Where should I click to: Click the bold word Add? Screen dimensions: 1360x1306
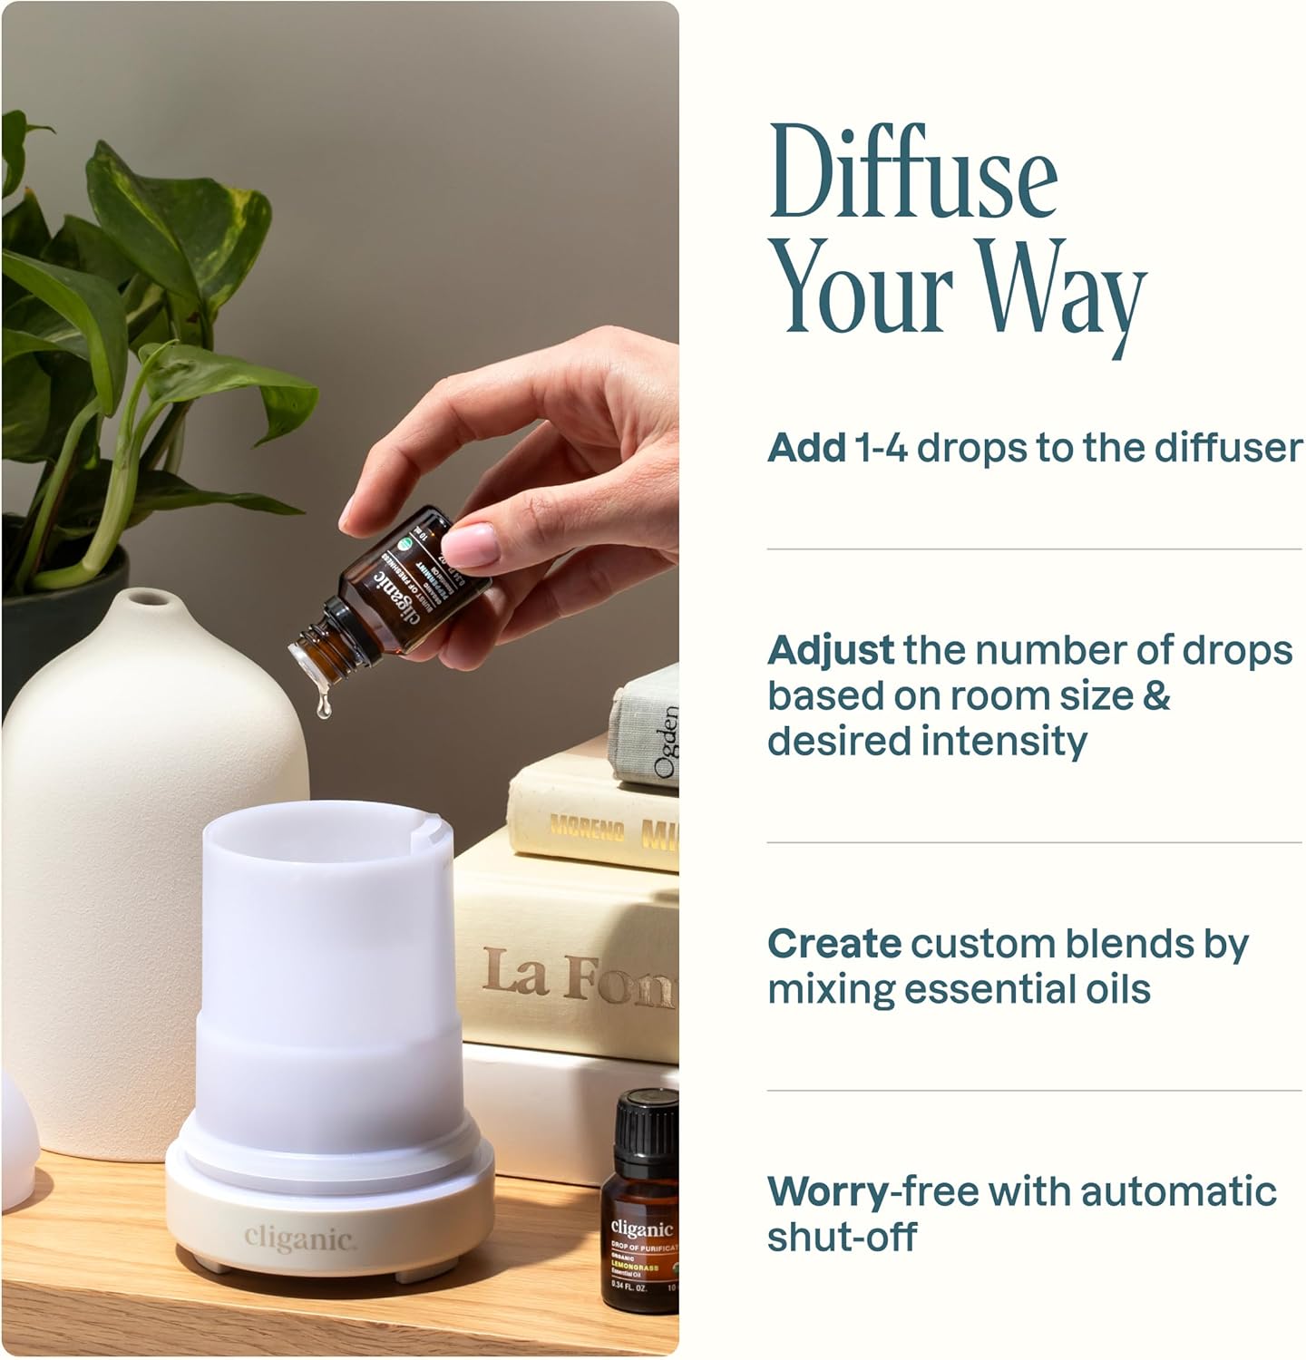[x=805, y=448]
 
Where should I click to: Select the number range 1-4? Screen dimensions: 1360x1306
[x=880, y=448]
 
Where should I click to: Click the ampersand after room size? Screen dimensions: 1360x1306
[x=1156, y=696]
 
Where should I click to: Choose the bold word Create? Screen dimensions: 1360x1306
[x=833, y=944]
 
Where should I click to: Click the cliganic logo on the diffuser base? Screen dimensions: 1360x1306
[x=298, y=1239]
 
